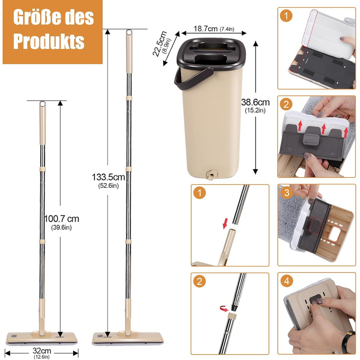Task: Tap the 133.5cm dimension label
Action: [109, 177]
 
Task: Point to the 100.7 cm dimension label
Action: [61, 219]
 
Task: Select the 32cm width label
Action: [42, 351]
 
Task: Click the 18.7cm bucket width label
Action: [206, 29]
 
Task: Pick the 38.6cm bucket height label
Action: [255, 102]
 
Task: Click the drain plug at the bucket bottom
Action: [211, 174]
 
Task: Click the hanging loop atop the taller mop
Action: [129, 32]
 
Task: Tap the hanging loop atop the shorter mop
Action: [43, 104]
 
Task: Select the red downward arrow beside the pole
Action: [226, 223]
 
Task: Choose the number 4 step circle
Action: [287, 281]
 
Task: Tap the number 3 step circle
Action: [287, 192]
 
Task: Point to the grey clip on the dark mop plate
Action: [311, 138]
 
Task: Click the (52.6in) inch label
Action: [109, 186]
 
